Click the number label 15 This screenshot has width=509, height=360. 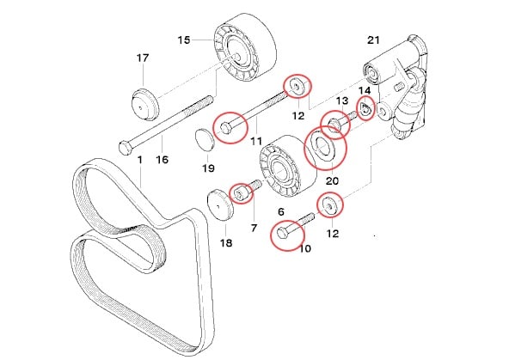[x=183, y=40]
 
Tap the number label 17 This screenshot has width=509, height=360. [x=142, y=59]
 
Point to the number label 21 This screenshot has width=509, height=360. [x=372, y=40]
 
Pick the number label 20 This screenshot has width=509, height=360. [x=333, y=181]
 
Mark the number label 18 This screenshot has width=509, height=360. [x=226, y=242]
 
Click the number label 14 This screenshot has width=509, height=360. [x=365, y=90]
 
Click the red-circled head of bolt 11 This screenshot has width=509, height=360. [x=227, y=127]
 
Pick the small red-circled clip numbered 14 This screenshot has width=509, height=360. [x=365, y=110]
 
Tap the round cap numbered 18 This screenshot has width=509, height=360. [x=220, y=207]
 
